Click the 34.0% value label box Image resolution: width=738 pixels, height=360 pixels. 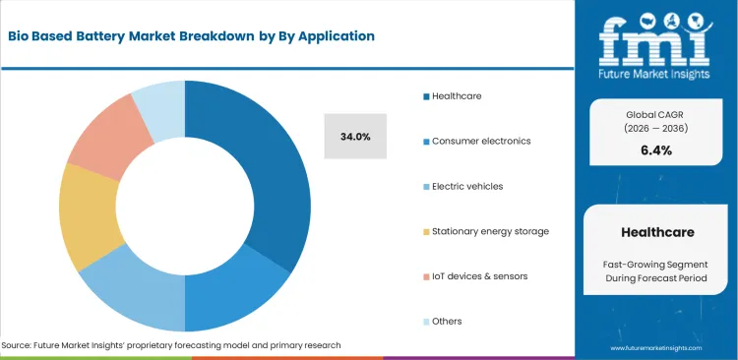click(355, 137)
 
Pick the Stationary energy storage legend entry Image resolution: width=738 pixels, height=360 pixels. click(489, 231)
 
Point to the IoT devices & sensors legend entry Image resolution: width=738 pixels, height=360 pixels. click(478, 276)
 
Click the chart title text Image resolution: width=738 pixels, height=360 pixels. click(192, 36)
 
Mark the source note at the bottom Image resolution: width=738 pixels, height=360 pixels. click(171, 345)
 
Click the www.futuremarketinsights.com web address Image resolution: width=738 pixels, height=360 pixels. click(655, 348)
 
